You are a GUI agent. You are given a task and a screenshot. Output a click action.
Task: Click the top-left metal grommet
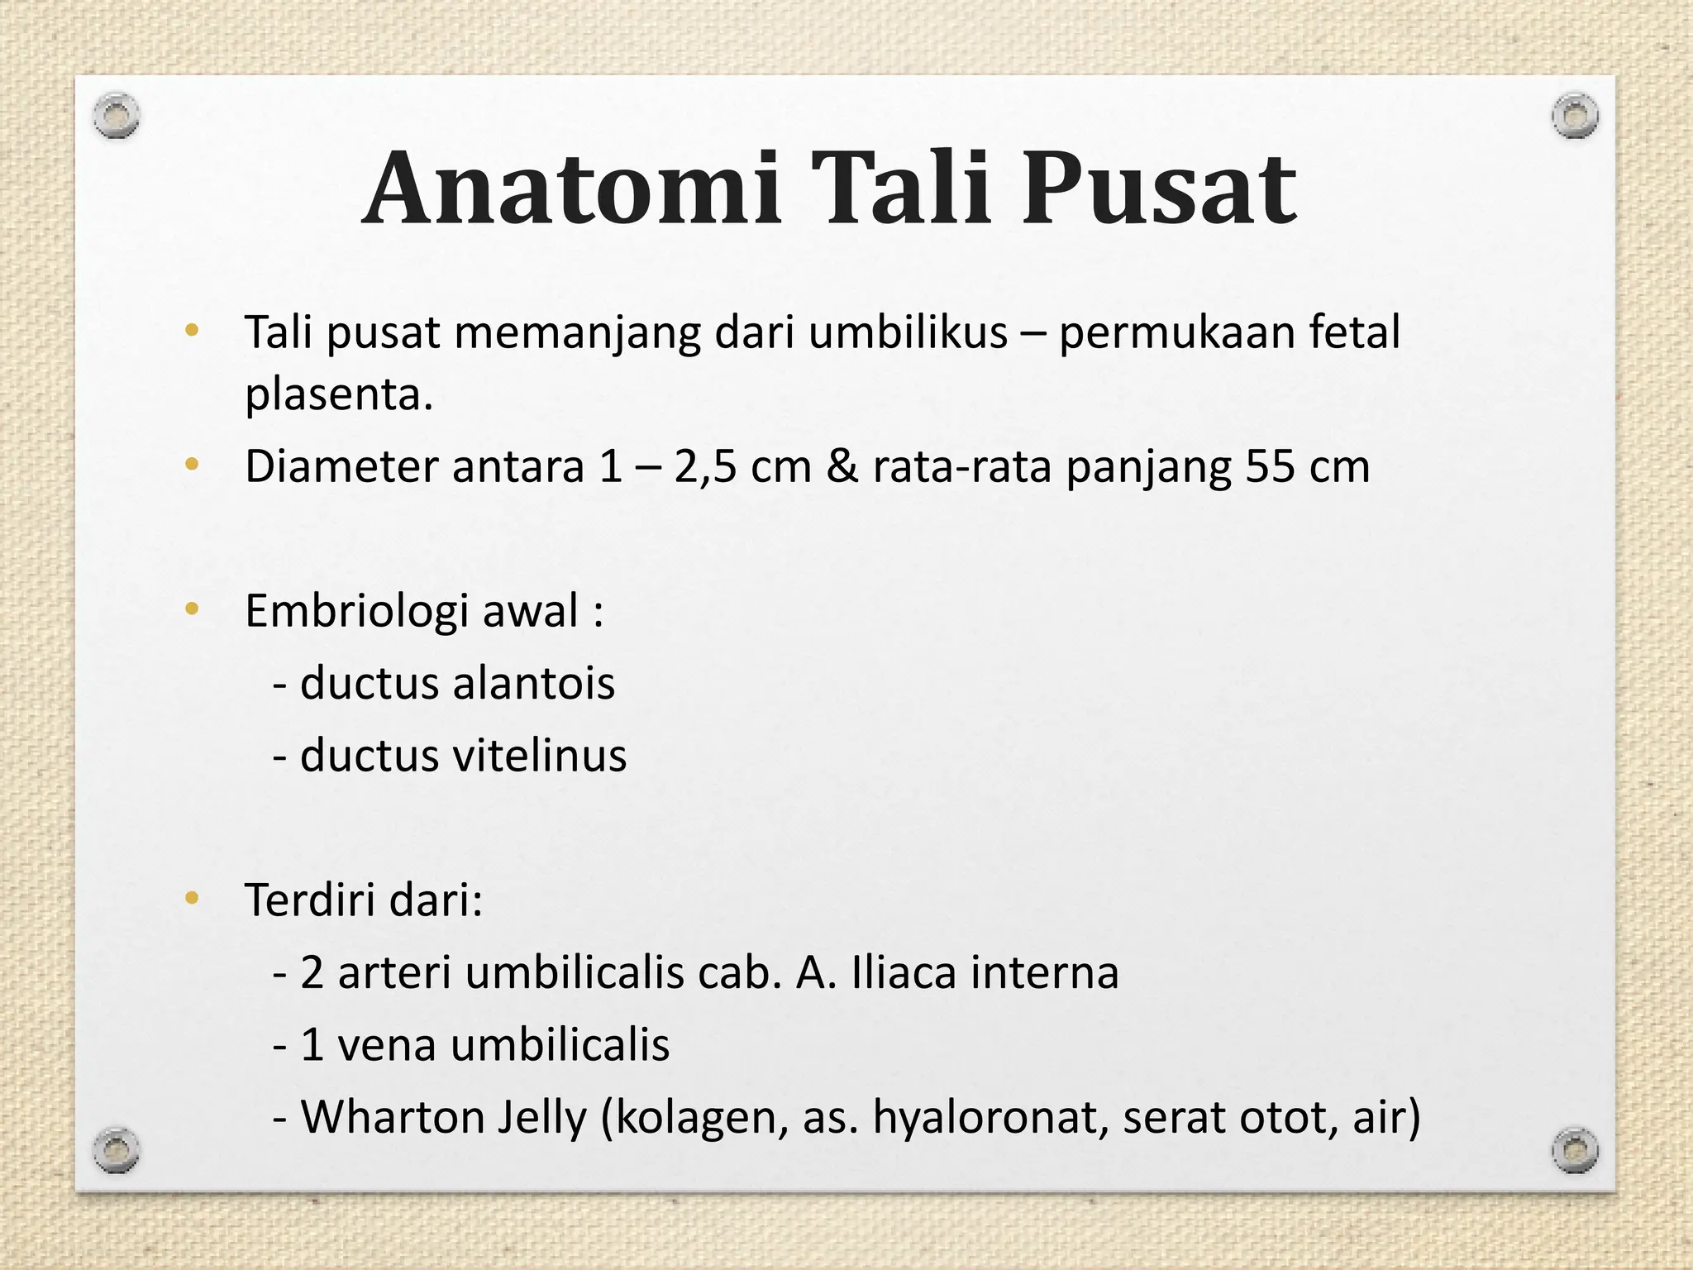pos(116,116)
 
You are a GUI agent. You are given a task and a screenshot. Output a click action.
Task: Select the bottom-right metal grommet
pos(1575,1150)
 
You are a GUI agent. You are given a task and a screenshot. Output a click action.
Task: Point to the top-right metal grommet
pos(1575,116)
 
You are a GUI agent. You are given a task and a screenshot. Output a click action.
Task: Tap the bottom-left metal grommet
pos(116,1150)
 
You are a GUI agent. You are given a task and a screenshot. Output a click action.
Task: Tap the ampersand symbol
pos(842,466)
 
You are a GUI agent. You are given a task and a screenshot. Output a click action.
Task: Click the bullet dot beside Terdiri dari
pos(192,899)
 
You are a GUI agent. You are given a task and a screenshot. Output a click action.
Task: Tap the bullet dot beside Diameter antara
pos(192,466)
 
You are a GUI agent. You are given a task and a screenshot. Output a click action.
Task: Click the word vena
pos(387,1044)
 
